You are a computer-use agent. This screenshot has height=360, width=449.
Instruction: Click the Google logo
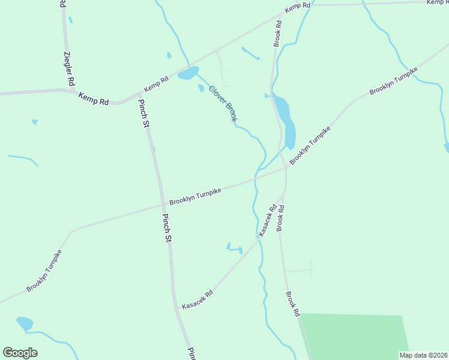tap(20, 353)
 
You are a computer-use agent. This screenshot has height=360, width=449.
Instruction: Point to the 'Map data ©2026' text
tap(423, 355)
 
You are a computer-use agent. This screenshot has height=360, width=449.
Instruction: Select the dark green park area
tap(354, 336)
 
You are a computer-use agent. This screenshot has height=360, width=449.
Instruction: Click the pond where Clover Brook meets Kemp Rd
tap(187, 74)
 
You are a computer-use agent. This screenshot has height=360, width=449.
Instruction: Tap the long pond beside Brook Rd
tap(284, 120)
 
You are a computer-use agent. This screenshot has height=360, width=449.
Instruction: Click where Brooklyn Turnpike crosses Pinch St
tap(161, 205)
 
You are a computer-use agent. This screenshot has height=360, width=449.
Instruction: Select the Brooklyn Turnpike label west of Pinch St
tap(44, 271)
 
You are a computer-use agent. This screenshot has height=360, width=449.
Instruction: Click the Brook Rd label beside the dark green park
tap(292, 304)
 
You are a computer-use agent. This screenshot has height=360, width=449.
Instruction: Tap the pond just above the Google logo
tap(25, 324)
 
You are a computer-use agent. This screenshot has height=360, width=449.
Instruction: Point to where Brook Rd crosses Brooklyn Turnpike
tap(285, 169)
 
